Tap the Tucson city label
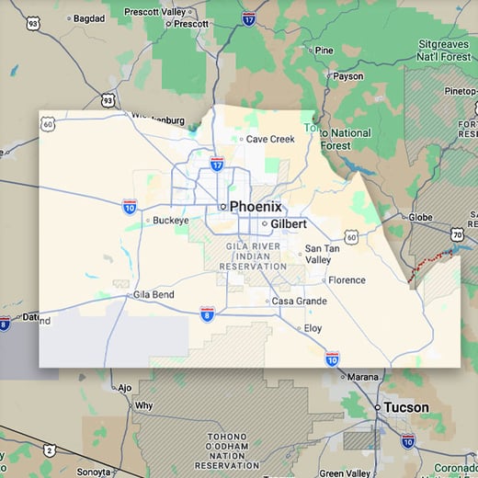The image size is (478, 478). click(405, 407)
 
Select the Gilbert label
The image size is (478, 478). click(288, 224)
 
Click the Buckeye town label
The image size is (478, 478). click(170, 221)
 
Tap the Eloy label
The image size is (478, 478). click(313, 327)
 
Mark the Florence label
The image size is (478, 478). click(347, 280)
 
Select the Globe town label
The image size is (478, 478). click(420, 218)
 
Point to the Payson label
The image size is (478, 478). click(348, 76)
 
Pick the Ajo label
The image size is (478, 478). click(124, 388)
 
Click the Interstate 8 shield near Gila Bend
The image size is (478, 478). click(208, 314)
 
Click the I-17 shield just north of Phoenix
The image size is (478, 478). click(216, 165)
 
